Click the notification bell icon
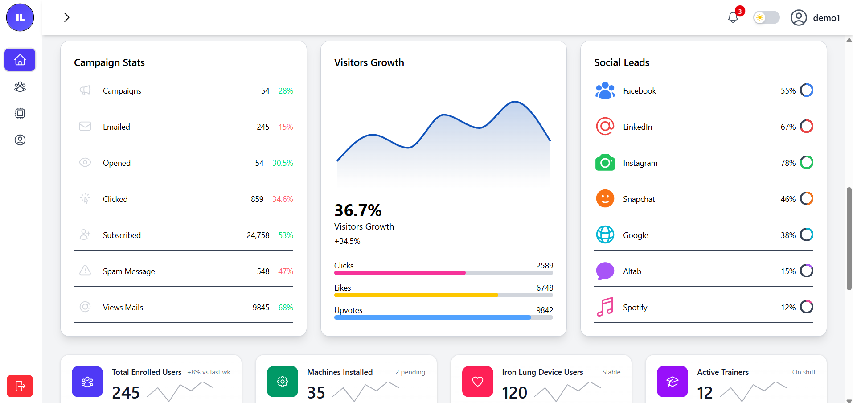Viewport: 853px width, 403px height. click(x=733, y=17)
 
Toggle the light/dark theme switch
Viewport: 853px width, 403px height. click(x=766, y=17)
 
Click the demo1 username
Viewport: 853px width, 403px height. click(x=826, y=18)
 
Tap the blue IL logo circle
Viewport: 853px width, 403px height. click(x=20, y=17)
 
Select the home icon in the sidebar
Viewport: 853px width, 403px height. click(x=20, y=60)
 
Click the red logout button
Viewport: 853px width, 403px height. click(x=20, y=386)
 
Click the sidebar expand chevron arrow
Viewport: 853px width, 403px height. click(x=67, y=17)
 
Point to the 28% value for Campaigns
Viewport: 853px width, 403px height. click(x=286, y=91)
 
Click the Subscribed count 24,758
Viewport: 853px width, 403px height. click(x=258, y=235)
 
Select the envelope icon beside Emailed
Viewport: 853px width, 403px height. click(x=85, y=127)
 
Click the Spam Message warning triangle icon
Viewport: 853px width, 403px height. click(x=85, y=271)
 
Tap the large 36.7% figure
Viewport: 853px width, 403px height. click(x=358, y=210)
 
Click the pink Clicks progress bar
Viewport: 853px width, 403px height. click(x=400, y=272)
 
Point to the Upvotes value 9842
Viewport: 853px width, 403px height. click(x=545, y=310)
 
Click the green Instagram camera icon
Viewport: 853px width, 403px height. click(x=605, y=163)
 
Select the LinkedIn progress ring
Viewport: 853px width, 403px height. click(x=807, y=127)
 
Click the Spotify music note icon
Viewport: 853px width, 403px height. click(x=605, y=307)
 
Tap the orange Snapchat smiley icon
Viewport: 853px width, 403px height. click(x=605, y=199)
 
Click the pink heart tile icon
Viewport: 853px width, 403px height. click(x=477, y=382)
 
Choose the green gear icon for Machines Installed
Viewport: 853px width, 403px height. click(x=283, y=382)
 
